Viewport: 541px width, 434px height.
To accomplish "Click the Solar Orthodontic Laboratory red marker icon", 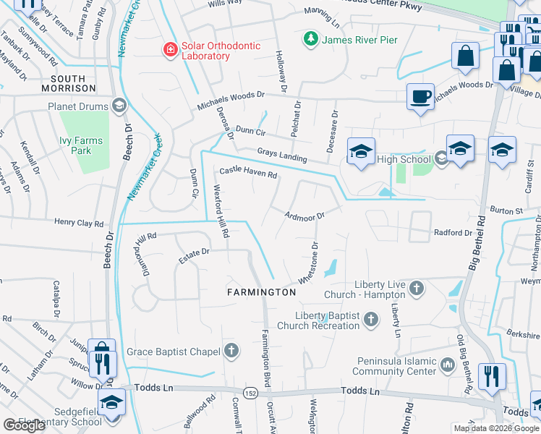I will click(170, 49).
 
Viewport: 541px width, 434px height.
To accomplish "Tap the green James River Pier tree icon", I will click(310, 39).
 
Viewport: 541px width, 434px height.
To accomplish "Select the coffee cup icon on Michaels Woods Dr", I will click(420, 97).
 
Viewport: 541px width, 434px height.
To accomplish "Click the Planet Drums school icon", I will click(119, 106).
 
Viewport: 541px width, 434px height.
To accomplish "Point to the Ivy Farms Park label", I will click(81, 145).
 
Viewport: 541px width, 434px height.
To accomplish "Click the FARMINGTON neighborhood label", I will click(261, 292).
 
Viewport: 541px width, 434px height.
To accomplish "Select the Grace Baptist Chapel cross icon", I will click(231, 352).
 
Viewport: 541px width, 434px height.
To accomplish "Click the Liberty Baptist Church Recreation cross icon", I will click(371, 319).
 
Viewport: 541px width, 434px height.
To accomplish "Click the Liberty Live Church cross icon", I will click(416, 289).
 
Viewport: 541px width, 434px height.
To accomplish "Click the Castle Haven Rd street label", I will click(248, 173).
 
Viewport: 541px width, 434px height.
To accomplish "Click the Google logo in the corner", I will click(24, 425).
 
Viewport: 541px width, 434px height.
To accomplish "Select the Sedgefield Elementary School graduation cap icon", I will click(112, 402).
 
